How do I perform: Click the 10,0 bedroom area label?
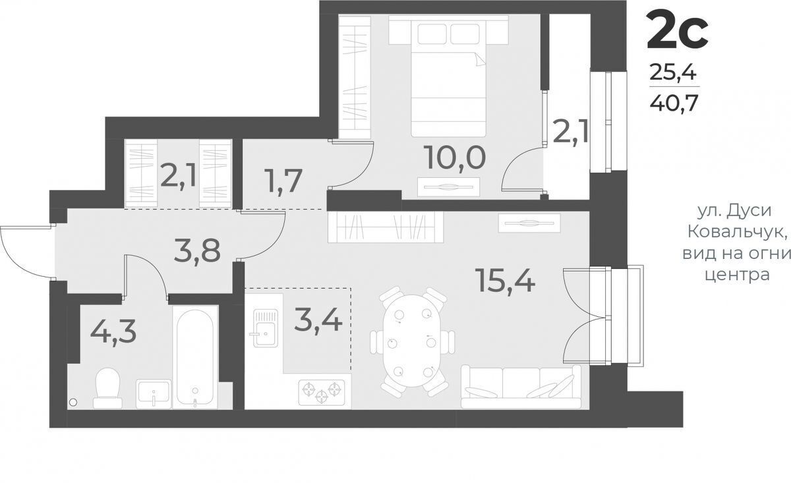click(456, 158)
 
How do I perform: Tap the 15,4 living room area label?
click(506, 280)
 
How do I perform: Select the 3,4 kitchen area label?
click(318, 320)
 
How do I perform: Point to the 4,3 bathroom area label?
click(113, 333)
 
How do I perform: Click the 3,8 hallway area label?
click(197, 250)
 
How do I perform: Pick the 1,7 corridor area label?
click(285, 181)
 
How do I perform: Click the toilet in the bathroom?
click(107, 388)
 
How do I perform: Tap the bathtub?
click(195, 357)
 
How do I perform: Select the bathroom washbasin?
click(154, 393)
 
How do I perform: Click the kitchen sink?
click(266, 328)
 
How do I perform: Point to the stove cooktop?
click(322, 391)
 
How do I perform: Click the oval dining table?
click(413, 341)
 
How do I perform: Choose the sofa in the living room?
click(521, 387)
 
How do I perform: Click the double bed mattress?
click(448, 94)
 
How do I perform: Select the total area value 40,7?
click(674, 103)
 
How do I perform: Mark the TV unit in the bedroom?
click(448, 186)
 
